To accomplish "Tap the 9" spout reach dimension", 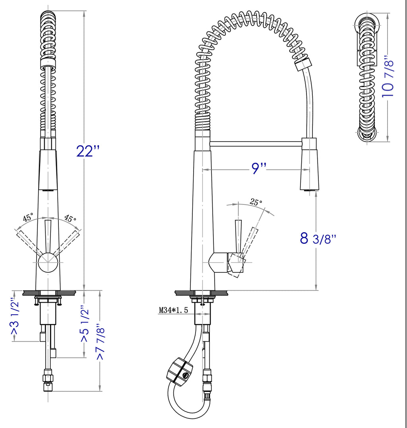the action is point(258,168).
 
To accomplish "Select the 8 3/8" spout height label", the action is point(318,238).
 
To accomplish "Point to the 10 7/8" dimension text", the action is point(388,77).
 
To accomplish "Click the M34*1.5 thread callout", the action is point(174,310).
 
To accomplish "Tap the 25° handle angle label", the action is point(256,202).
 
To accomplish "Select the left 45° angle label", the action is point(28,218).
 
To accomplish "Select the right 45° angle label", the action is point(70,218).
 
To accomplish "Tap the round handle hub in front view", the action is point(47,262).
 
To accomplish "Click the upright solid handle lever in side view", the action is point(238,236).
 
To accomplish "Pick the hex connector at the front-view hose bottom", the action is point(47,380).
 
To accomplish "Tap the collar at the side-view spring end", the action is point(303,64).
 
